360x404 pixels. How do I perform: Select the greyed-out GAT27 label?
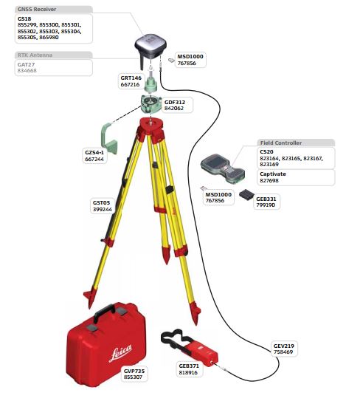[x=26, y=64]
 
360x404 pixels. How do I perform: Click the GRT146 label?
[x=131, y=78]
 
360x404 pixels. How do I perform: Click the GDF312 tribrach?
[x=151, y=104]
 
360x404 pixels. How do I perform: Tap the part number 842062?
[x=174, y=109]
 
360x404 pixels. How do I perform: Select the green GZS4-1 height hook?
[x=109, y=139]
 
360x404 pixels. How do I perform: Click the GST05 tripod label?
[x=101, y=203]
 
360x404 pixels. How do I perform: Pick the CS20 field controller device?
[x=223, y=168]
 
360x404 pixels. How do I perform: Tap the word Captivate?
[x=273, y=174]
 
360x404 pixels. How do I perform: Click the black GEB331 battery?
[x=247, y=195]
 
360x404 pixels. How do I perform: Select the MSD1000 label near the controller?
[x=218, y=194]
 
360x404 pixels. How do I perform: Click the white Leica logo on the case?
[x=120, y=352]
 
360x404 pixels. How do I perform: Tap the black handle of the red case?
[x=104, y=312]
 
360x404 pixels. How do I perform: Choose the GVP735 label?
[x=134, y=371]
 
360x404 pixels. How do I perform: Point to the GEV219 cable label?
[x=283, y=346]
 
